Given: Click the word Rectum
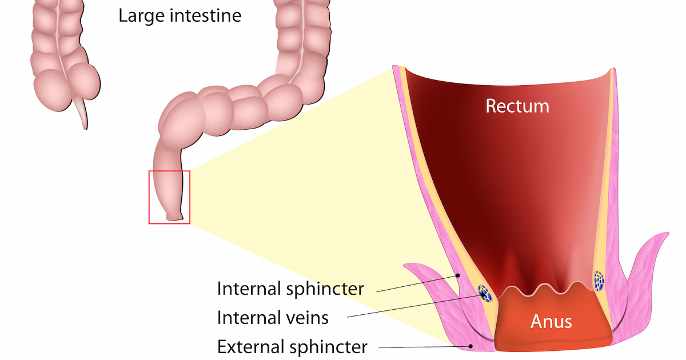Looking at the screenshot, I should pos(517,106).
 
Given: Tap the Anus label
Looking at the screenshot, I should pos(551,321).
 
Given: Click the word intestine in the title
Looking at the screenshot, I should pos(205,15).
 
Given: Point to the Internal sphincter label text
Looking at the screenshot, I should pos(290,289).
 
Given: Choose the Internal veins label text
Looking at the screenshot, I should pos(273,317).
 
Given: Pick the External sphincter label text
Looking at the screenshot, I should pos(292,346).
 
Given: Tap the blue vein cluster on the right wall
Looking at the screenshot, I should pos(599,280).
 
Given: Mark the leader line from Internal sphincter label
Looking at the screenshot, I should pos(417,283).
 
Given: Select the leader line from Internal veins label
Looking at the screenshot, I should pos(412,306).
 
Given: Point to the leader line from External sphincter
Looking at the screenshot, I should pos(423,346).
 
